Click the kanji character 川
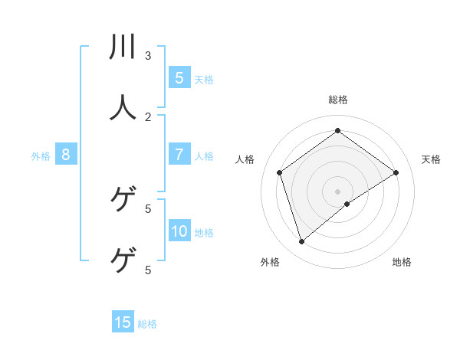[x=123, y=47]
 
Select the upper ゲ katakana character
[x=123, y=198]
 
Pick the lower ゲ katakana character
[x=123, y=260]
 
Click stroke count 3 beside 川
[x=148, y=55]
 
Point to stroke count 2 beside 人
[x=148, y=116]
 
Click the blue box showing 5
[x=179, y=77]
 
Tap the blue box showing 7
[x=179, y=155]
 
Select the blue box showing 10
[x=179, y=231]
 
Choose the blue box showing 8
[x=66, y=155]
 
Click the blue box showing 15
[x=123, y=322]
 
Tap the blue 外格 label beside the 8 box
[x=41, y=156]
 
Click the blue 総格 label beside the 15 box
[x=147, y=324]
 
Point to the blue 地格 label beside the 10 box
[x=204, y=233]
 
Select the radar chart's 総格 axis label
[x=338, y=100]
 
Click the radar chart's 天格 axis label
[x=431, y=159]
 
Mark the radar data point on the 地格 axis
[x=347, y=204]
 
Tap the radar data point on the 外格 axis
[x=302, y=242]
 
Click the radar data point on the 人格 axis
[x=280, y=172]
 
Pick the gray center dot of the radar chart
[x=338, y=191]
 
